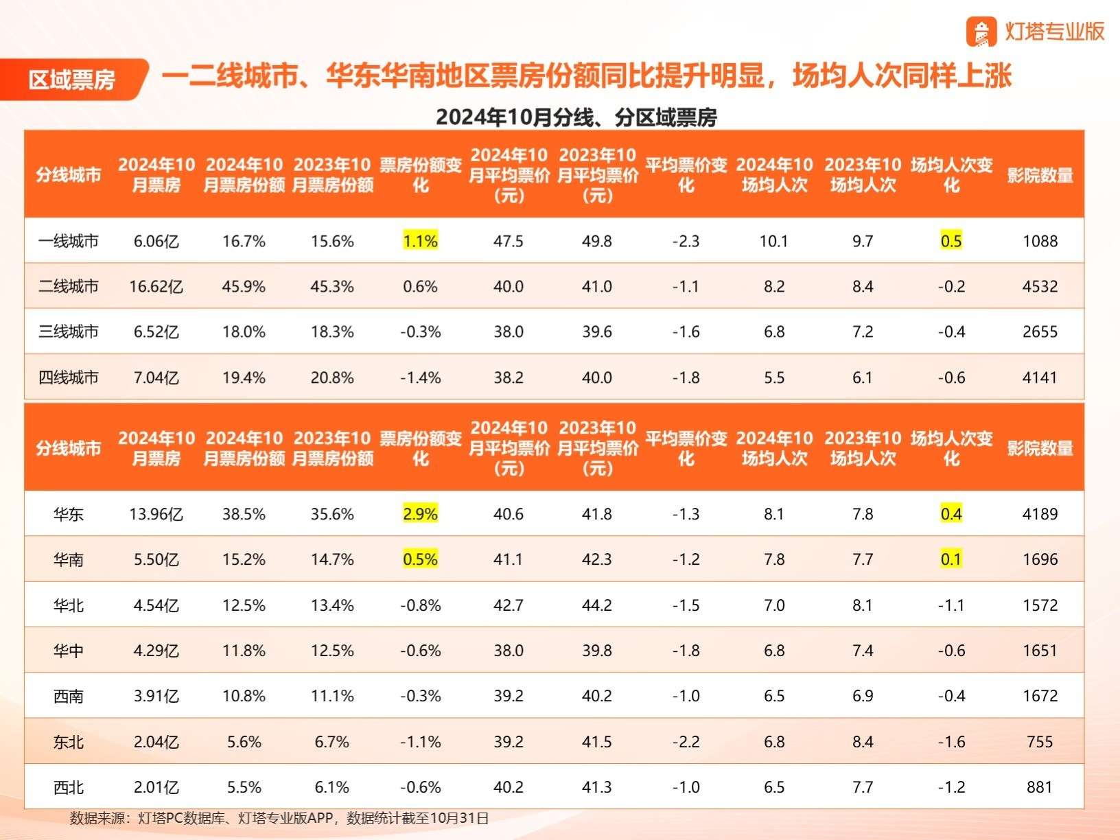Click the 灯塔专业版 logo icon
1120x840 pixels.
(981, 32)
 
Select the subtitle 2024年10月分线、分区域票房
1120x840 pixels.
(576, 117)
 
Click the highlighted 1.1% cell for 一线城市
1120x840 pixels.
(421, 241)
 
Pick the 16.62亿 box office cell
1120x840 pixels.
(156, 286)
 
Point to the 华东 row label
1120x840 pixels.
(69, 513)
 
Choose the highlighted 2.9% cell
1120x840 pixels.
(421, 513)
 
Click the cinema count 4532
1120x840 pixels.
(1040, 286)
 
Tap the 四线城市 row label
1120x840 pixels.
(69, 377)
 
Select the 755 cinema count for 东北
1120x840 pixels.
(1040, 741)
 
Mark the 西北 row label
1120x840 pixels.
(69, 787)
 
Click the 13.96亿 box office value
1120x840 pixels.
(156, 513)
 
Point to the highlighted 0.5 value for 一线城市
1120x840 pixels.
(951, 241)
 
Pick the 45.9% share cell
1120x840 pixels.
(244, 286)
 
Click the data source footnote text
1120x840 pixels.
(279, 818)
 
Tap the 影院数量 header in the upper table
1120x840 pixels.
(1040, 175)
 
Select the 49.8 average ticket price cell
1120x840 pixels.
(597, 241)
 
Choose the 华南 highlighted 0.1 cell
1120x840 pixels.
(951, 559)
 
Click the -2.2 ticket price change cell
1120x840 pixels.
(686, 741)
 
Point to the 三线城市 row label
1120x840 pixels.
(69, 331)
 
